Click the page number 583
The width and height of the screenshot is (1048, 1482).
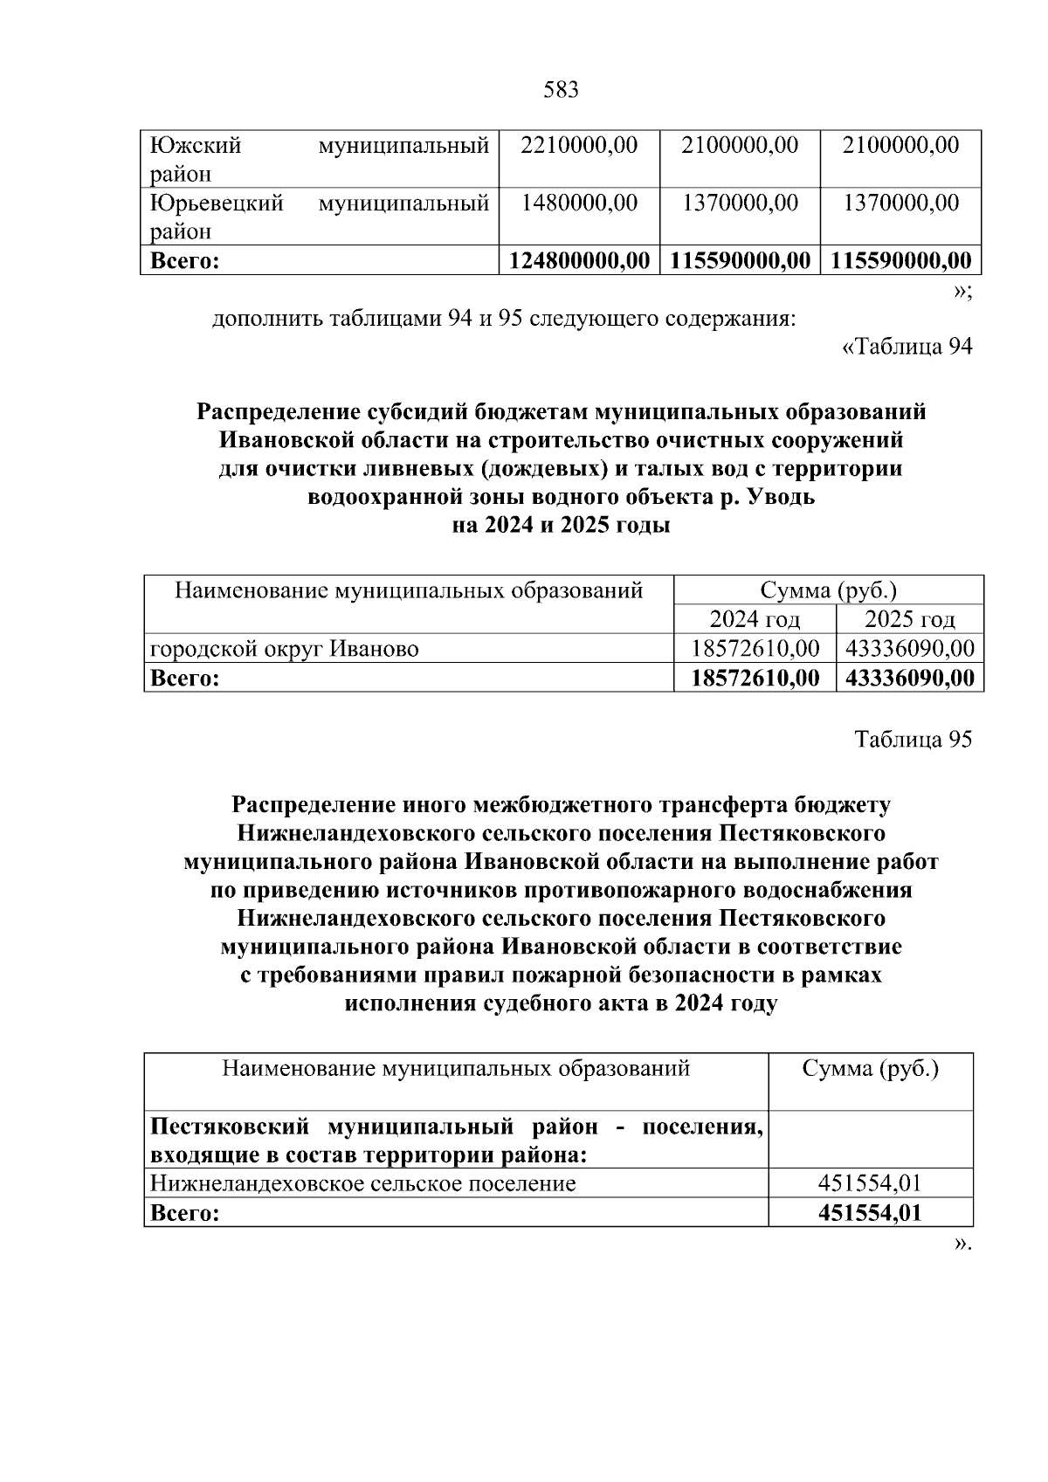(x=561, y=90)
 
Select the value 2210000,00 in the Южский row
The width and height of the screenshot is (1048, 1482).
(x=579, y=145)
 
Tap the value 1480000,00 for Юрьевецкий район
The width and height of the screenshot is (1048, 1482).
(x=579, y=203)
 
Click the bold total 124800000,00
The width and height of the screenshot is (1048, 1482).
(x=579, y=260)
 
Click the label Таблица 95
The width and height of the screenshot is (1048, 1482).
(x=913, y=740)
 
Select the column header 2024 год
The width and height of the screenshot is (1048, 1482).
(x=755, y=619)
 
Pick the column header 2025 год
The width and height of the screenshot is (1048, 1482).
(x=909, y=619)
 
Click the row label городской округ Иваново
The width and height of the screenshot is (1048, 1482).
(x=284, y=649)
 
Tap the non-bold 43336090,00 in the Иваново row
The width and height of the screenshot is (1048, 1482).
(x=909, y=649)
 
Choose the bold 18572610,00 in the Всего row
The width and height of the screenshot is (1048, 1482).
(x=755, y=678)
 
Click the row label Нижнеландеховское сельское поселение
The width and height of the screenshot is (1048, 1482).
(x=362, y=1183)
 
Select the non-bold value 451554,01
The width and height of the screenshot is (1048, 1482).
(x=870, y=1183)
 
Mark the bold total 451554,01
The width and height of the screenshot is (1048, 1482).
(x=870, y=1213)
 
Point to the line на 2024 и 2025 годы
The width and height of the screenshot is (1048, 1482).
(x=561, y=527)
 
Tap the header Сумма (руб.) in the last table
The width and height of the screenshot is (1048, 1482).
(x=870, y=1069)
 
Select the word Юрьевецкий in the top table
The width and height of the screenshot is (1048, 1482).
(x=217, y=203)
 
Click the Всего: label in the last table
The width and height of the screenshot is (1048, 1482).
(x=184, y=1213)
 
